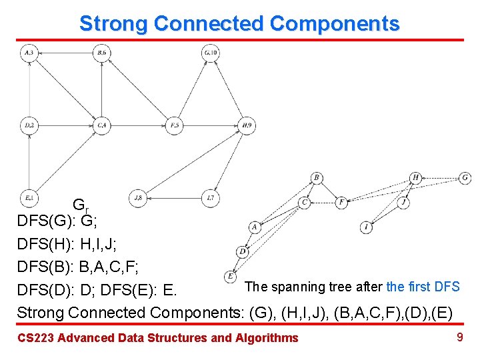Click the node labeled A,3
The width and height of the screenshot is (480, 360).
point(29,53)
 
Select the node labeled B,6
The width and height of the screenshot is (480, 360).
point(101,53)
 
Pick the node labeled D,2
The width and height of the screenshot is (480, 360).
point(29,125)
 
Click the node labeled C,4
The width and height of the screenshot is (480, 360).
point(101,125)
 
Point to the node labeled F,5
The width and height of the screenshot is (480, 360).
point(174,125)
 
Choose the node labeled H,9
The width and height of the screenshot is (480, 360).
point(247,125)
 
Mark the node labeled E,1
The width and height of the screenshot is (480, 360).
point(29,197)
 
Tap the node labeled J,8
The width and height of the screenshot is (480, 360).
point(138,197)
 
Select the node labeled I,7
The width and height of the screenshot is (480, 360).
point(210,197)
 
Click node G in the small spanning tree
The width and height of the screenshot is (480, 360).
point(465,178)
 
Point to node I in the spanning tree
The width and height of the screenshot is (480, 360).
point(367,228)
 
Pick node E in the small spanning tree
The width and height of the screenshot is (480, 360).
point(231,275)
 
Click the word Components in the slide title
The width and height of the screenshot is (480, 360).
point(335,24)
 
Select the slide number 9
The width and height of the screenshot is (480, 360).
point(459,337)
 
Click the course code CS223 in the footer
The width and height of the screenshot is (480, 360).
point(35,338)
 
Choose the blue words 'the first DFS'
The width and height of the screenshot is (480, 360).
point(423,287)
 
